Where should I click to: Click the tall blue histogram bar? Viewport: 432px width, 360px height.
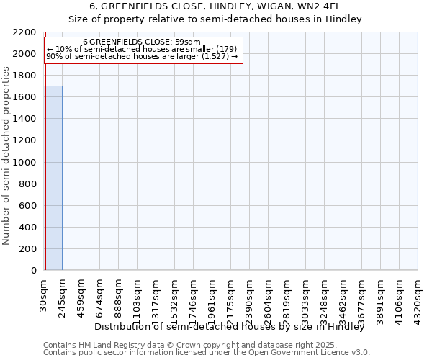53,178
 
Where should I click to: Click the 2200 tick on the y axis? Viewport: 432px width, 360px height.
24,33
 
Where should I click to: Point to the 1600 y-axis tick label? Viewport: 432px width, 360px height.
24,98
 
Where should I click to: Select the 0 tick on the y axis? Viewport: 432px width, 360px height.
33,271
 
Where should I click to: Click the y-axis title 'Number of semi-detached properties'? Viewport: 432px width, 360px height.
7,156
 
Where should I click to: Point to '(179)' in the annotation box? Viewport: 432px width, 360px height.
225,48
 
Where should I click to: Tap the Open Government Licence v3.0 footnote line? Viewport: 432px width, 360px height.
207,352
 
